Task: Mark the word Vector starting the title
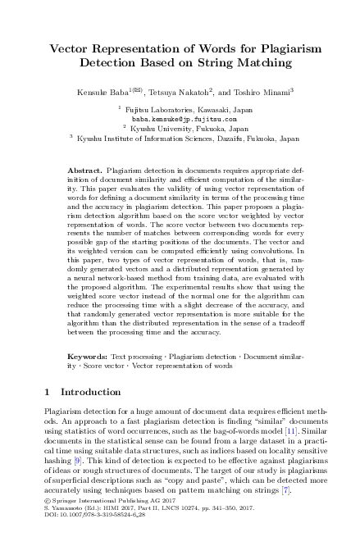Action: point(70,48)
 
